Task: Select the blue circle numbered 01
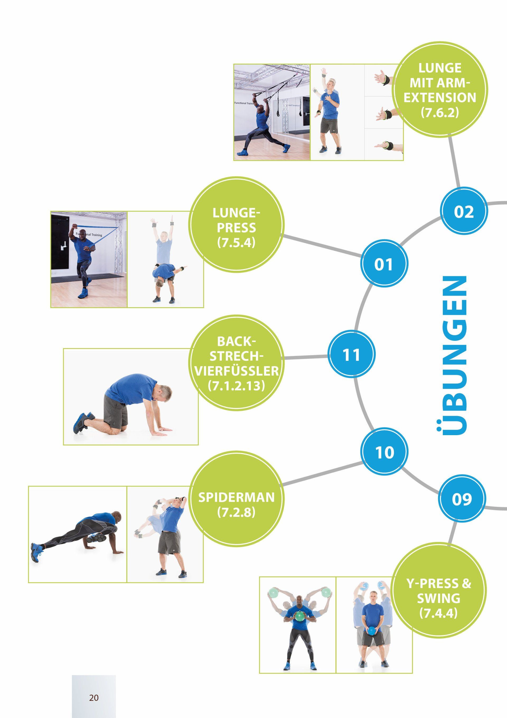[x=384, y=264]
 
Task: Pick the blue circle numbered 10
[x=384, y=452]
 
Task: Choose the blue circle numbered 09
[x=462, y=499]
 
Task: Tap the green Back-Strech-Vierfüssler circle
[x=237, y=363]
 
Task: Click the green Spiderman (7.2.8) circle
[x=237, y=499]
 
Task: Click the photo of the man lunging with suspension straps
[x=272, y=112]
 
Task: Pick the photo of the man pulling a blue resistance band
[x=89, y=259]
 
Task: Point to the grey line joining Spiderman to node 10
[x=322, y=474]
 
